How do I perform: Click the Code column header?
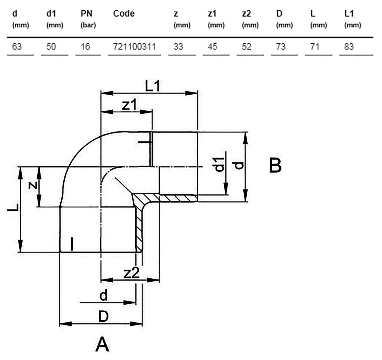(124, 14)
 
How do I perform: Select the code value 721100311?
(134, 46)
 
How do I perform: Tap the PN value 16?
(86, 46)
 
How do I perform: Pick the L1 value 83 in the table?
(349, 46)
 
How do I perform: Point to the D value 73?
(281, 46)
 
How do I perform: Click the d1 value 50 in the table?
(51, 46)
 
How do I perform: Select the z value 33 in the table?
(178, 46)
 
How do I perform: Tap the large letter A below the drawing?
(102, 344)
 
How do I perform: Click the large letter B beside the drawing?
(275, 166)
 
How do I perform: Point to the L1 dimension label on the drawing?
(153, 86)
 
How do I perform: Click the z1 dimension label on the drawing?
(129, 105)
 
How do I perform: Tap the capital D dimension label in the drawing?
(103, 317)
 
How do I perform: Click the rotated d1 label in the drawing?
(220, 164)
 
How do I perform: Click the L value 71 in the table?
(315, 46)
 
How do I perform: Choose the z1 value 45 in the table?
(212, 46)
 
